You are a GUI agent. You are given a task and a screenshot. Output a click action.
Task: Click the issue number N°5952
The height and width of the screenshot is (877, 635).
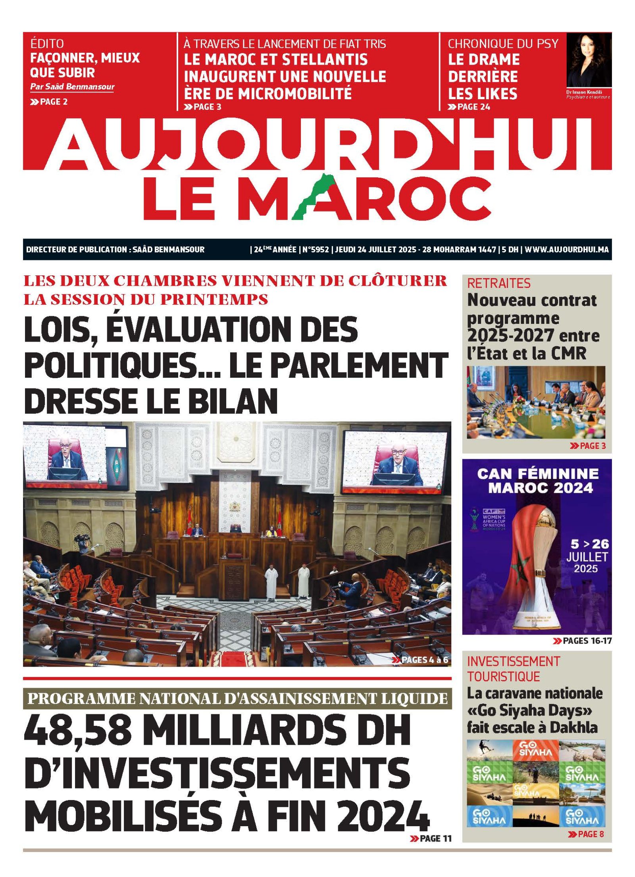point(316,250)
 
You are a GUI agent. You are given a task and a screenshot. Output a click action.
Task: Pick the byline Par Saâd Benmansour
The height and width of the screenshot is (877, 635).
point(72,87)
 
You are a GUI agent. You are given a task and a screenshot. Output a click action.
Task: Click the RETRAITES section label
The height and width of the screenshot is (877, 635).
point(498,283)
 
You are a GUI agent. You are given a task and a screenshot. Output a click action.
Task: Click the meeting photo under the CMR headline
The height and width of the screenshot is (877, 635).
point(536,402)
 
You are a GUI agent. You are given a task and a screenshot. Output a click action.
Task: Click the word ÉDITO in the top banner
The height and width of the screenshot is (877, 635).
point(47,43)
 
